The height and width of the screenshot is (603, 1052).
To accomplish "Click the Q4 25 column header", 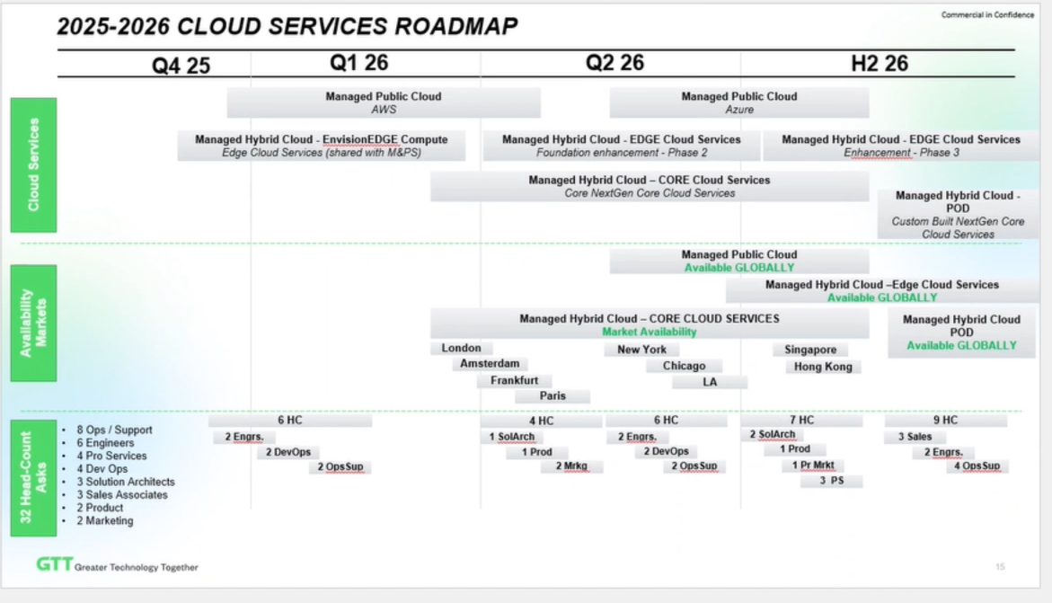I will [x=181, y=66].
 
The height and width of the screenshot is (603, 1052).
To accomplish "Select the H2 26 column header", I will [x=880, y=63].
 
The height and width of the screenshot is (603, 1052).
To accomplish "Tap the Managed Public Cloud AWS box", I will [x=384, y=102].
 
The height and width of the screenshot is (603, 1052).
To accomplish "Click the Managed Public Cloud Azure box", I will [x=738, y=102].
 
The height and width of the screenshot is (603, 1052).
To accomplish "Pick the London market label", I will [x=462, y=349].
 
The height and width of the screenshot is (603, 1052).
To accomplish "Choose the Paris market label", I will [x=553, y=395].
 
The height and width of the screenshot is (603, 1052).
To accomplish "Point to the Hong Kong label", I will [x=823, y=367].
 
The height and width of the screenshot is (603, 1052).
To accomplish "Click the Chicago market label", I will [x=685, y=366].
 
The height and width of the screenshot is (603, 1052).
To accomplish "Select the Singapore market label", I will [x=810, y=350].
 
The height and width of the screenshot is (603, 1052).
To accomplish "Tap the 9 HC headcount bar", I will [x=945, y=420].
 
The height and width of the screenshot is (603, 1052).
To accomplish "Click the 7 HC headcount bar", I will [x=800, y=420].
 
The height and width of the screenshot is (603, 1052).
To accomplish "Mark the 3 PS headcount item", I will [x=832, y=481].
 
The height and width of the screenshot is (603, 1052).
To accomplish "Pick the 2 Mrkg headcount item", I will [x=571, y=466].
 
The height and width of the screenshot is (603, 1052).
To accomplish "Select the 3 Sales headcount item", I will [x=915, y=437].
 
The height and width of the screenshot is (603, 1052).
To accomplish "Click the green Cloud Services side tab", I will [x=33, y=165].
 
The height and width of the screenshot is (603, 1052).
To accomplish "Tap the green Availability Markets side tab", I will [x=33, y=323].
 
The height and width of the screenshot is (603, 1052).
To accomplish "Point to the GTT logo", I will [x=54, y=565].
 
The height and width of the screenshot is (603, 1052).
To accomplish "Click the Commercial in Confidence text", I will [x=987, y=15].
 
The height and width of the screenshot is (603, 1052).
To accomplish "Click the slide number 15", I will [x=1000, y=566].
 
